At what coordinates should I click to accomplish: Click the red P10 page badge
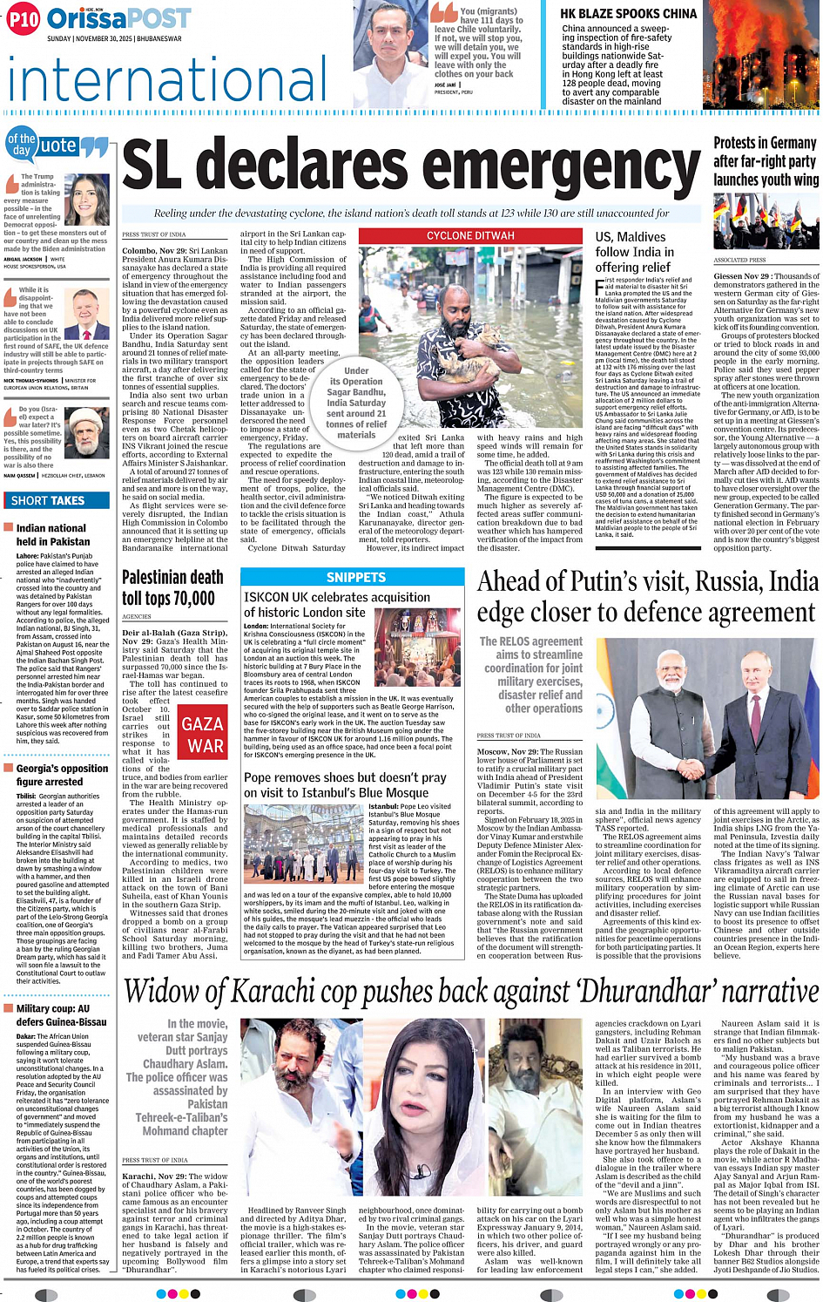24,19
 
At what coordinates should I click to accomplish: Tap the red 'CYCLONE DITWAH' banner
470,235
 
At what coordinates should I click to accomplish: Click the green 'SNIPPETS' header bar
355,577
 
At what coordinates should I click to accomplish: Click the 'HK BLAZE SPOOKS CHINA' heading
628,14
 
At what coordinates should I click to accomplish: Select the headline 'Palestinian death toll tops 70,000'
172,587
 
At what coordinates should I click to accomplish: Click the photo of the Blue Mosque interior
305,844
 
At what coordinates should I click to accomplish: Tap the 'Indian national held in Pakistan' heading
52,534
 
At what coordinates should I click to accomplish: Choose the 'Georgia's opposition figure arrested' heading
62,775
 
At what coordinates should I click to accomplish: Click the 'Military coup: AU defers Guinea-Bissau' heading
61,1014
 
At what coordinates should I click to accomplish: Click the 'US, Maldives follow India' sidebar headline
633,252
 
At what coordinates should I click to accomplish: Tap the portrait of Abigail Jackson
86,200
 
